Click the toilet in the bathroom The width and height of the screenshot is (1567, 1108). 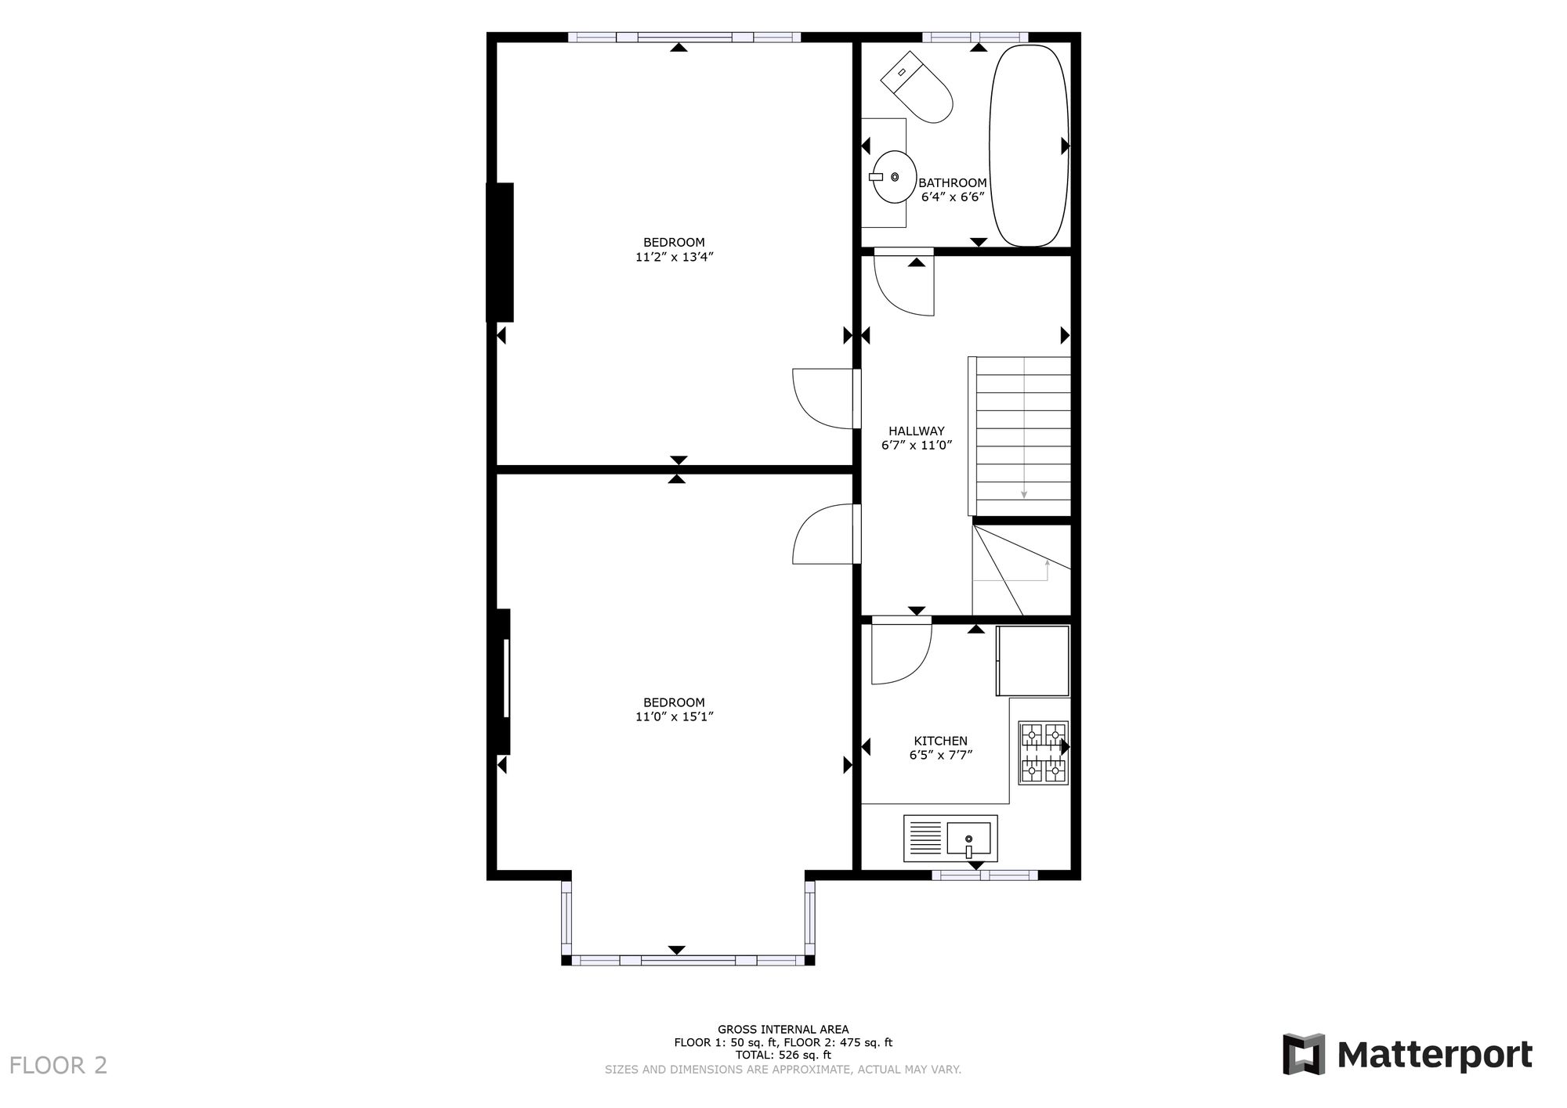point(918,87)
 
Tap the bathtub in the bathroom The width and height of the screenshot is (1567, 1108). point(1029,146)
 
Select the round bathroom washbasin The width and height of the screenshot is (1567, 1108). point(894,177)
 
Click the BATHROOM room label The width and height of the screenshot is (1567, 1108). point(952,183)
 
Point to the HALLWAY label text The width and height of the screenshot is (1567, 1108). point(916,431)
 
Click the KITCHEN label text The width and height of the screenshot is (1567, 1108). point(940,741)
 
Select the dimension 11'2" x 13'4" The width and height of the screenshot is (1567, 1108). point(674,257)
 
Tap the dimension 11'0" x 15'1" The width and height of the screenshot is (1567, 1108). point(674,716)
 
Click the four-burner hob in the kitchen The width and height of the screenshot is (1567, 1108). point(1043,753)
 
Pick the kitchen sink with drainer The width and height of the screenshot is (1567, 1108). point(950,838)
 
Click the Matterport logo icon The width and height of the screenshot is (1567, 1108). point(1303,1054)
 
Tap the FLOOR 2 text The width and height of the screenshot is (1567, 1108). point(58,1066)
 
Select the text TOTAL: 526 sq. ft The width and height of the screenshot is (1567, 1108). point(783,1055)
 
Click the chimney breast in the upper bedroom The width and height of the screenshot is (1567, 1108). point(501,252)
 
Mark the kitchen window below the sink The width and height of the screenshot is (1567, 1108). point(984,875)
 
